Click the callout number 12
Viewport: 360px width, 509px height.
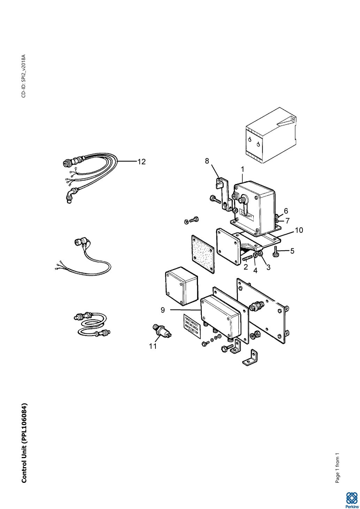pyautogui.click(x=141, y=162)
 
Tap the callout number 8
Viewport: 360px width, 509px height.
pyautogui.click(x=207, y=161)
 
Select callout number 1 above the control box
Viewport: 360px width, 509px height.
pyautogui.click(x=243, y=169)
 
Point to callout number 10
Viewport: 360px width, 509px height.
pyautogui.click(x=299, y=230)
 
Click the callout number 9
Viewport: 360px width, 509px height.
pyautogui.click(x=163, y=310)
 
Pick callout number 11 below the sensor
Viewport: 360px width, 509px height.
pyautogui.click(x=153, y=346)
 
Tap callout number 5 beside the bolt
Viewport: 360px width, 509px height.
pyautogui.click(x=292, y=251)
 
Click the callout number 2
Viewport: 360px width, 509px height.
pyautogui.click(x=246, y=267)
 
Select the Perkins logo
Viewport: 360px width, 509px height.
pyautogui.click(x=351, y=499)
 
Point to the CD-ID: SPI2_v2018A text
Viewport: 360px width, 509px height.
pyautogui.click(x=24, y=76)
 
